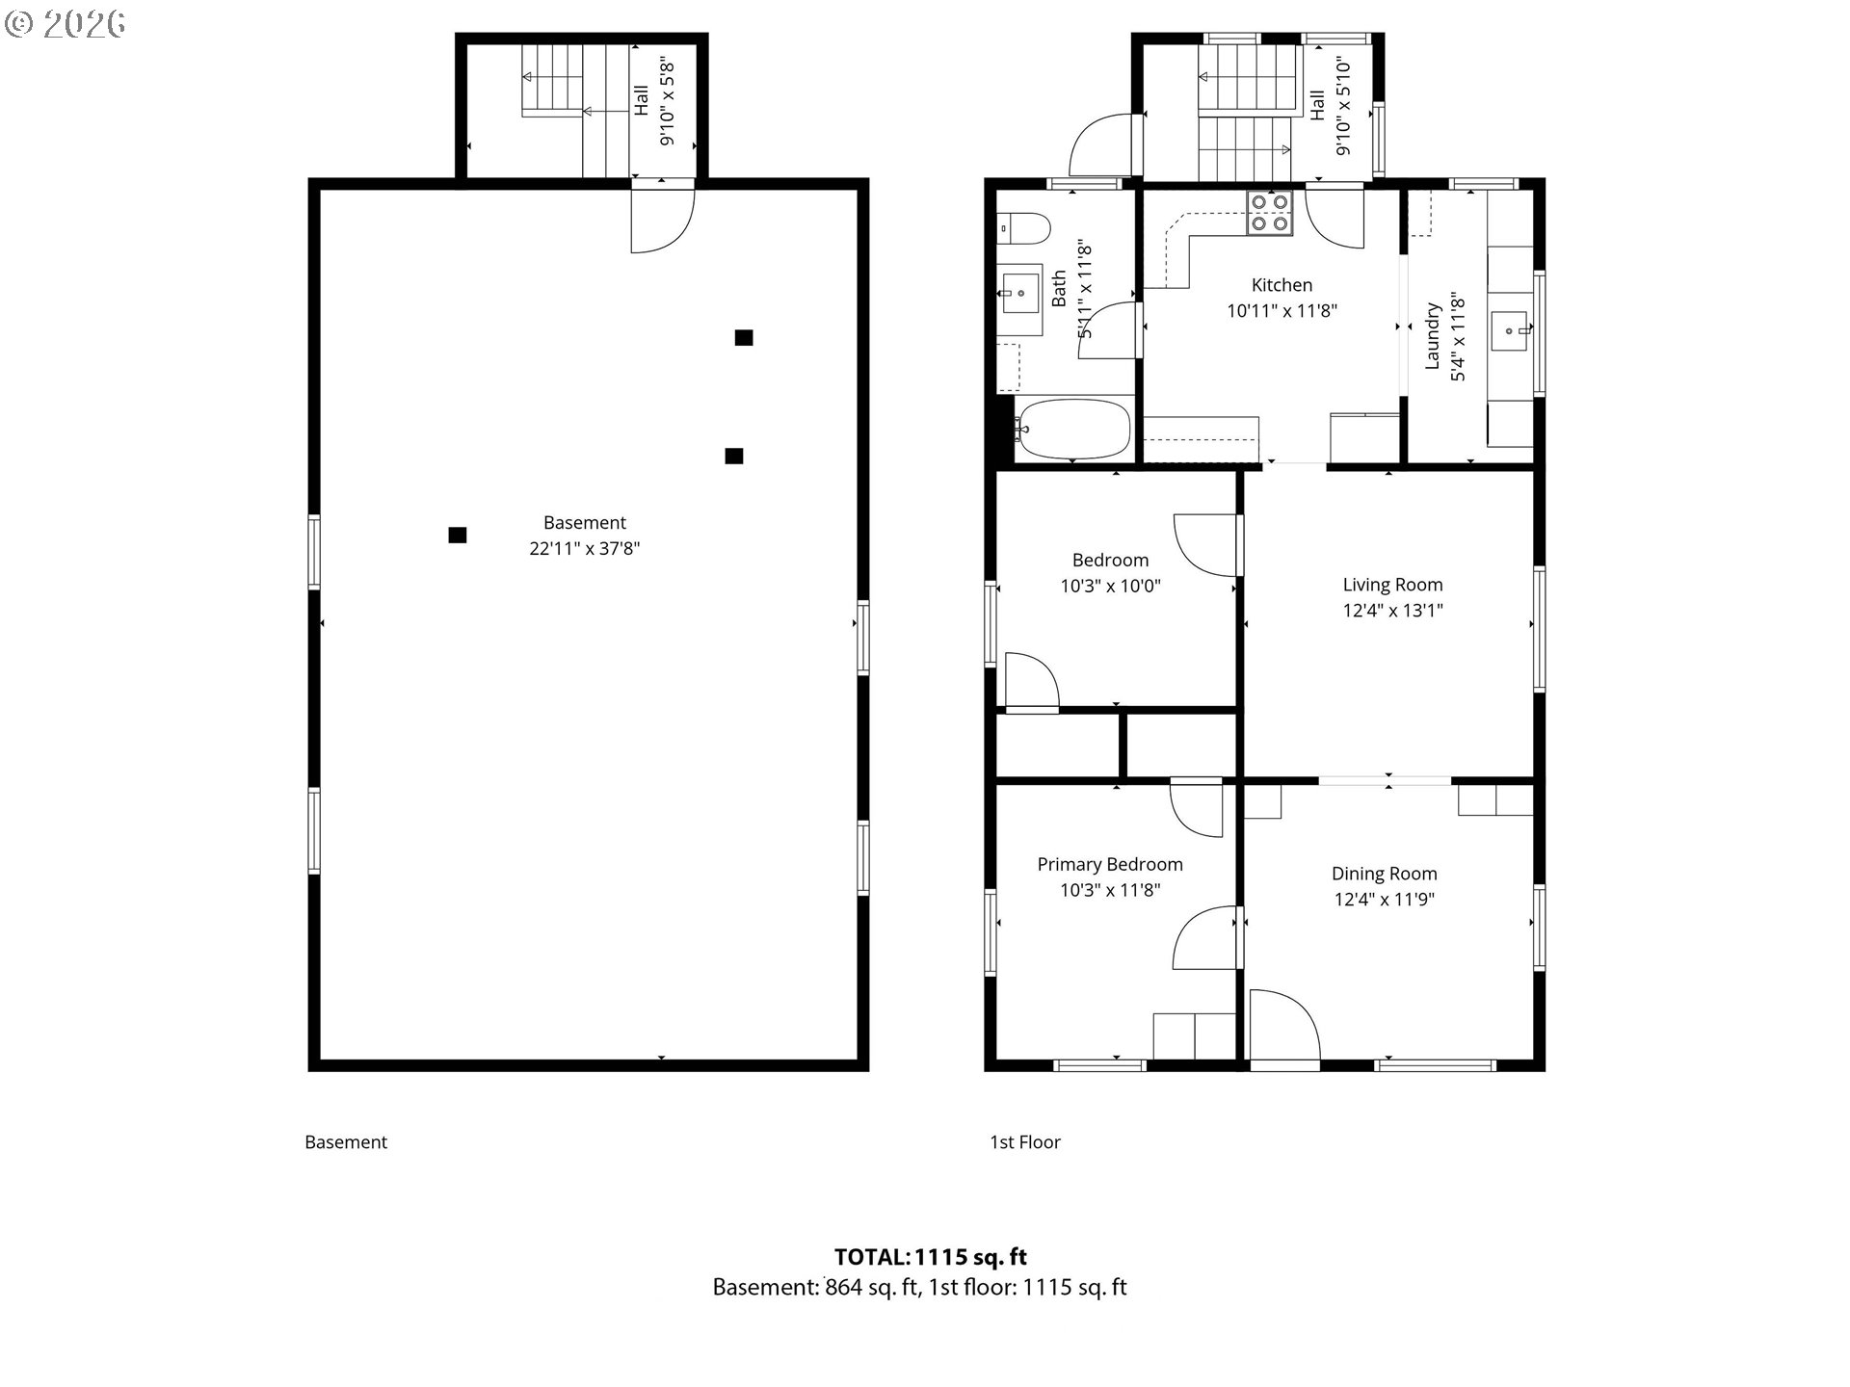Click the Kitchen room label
tap(1282, 285)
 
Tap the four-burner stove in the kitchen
tap(1269, 213)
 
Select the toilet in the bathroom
tap(1024, 230)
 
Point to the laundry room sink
tap(1510, 331)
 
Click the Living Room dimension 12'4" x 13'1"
tap(1392, 610)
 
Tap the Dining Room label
tap(1384, 874)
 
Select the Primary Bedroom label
tap(1110, 864)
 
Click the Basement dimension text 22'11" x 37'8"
tap(584, 548)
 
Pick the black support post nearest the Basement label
tap(458, 535)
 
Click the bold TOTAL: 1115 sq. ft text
tap(931, 1256)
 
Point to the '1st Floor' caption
tap(1025, 1142)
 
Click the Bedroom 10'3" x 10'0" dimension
tap(1110, 586)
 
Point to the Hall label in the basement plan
tap(641, 101)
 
